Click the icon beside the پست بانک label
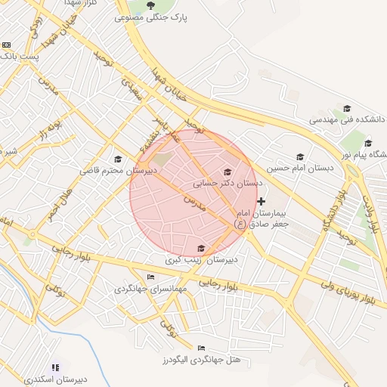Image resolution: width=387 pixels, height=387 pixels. point(7,45)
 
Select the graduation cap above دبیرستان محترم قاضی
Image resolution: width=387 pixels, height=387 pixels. point(118,159)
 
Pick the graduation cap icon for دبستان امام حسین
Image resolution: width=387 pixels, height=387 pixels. point(300,156)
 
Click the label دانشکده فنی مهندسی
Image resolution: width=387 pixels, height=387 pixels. point(347,119)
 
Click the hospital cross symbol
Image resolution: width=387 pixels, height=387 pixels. point(262,201)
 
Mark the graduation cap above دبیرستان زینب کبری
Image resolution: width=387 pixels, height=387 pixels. point(200,248)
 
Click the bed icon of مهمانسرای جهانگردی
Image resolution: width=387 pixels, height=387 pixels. point(150,277)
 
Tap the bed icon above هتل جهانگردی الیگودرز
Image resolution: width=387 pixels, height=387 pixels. point(200,348)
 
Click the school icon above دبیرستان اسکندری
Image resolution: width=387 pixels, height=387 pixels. point(54,367)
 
